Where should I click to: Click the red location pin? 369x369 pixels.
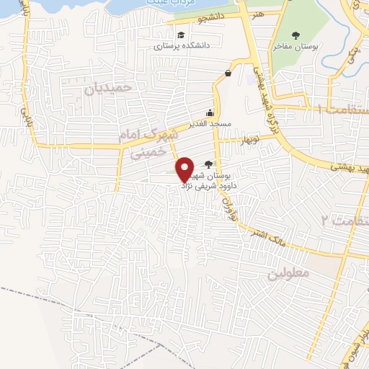pos(184,169)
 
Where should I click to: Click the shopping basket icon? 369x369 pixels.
pos(228,72)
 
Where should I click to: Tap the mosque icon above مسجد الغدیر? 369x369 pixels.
pos(210,113)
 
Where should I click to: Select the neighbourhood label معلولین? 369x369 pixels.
pos(288,274)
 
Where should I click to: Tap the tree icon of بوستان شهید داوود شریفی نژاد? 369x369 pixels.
pos(209,164)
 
